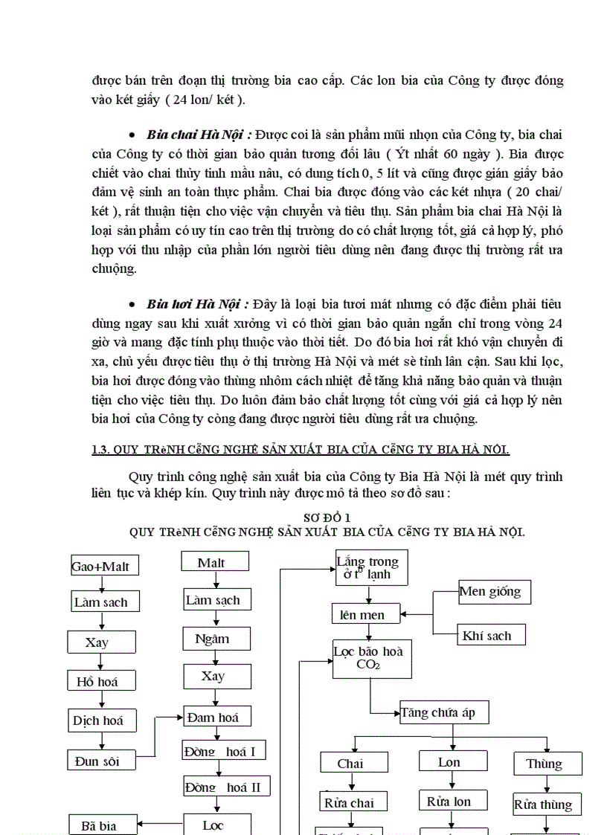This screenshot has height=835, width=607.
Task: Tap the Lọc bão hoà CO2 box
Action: point(372,658)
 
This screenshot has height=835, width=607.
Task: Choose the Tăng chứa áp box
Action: point(443,712)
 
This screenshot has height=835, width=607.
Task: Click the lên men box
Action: point(365,614)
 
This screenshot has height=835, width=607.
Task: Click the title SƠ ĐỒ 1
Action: point(327,517)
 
